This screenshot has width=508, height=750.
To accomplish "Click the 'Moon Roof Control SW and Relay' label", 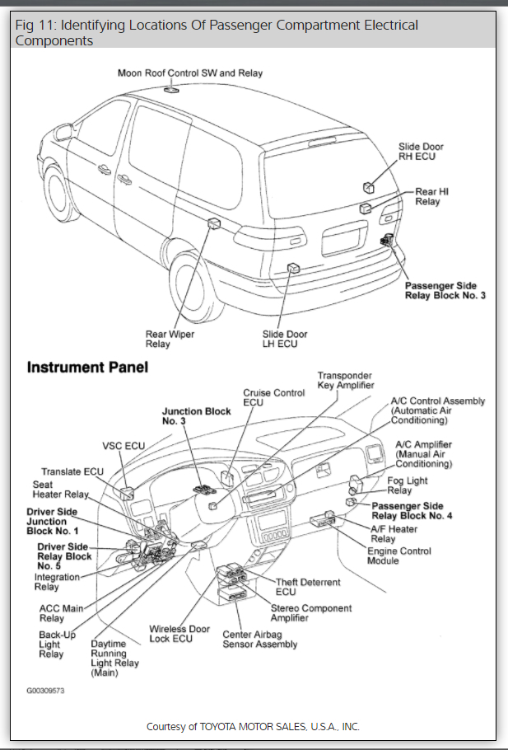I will point(190,73).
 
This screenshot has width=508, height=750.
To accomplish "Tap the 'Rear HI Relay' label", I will point(431,196).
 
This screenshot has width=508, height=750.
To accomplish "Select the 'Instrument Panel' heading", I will point(88,368).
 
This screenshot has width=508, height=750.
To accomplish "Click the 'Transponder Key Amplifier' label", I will point(345,380).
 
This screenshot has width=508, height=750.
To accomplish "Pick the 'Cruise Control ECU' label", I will point(273,398).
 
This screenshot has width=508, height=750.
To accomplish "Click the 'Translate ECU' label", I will point(73,471).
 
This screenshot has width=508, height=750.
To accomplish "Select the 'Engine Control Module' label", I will point(398,556).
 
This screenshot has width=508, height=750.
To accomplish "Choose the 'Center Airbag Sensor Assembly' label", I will point(259,640).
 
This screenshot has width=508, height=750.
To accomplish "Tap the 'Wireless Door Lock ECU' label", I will point(179,634).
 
